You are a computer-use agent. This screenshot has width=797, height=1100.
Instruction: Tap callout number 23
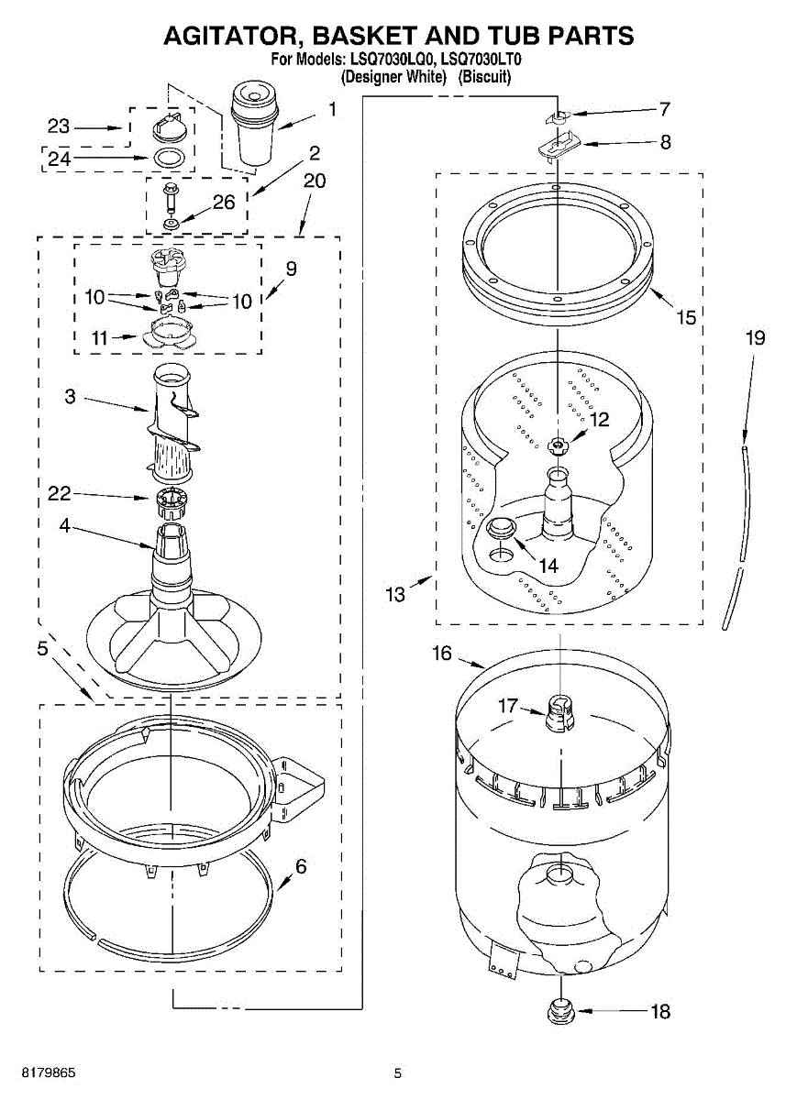(59, 127)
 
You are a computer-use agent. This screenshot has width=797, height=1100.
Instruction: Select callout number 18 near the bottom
(660, 1012)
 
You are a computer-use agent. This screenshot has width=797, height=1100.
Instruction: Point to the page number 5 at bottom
(397, 1073)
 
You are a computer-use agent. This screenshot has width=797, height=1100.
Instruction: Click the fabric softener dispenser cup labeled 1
(254, 124)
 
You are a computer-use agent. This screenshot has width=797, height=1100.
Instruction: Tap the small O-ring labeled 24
(166, 158)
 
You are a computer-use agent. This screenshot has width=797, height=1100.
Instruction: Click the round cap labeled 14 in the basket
(502, 529)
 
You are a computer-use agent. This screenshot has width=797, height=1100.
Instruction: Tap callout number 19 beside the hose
(754, 337)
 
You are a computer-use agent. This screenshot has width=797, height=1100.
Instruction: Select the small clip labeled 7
(556, 116)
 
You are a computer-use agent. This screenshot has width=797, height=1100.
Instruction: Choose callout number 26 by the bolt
(225, 203)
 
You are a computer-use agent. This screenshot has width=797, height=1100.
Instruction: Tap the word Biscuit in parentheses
(485, 78)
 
